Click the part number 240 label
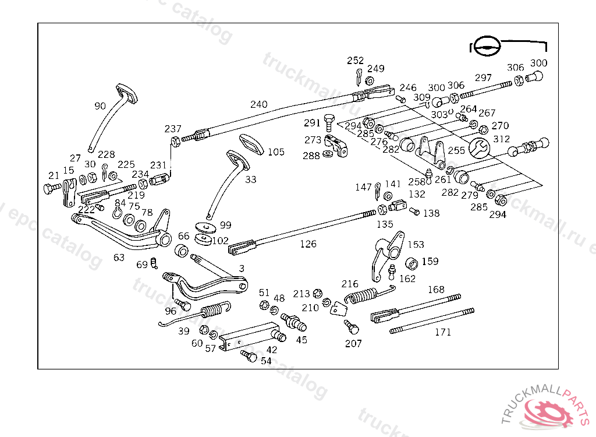[259, 105]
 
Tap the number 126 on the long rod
[308, 244]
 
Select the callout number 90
[100, 106]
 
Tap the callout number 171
[443, 332]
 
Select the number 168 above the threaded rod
[436, 290]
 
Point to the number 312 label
[501, 139]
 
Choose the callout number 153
[416, 245]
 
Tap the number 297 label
[483, 78]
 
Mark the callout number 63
[119, 257]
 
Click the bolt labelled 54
[249, 355]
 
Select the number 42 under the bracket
[272, 350]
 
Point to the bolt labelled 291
[329, 122]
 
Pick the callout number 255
[456, 150]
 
